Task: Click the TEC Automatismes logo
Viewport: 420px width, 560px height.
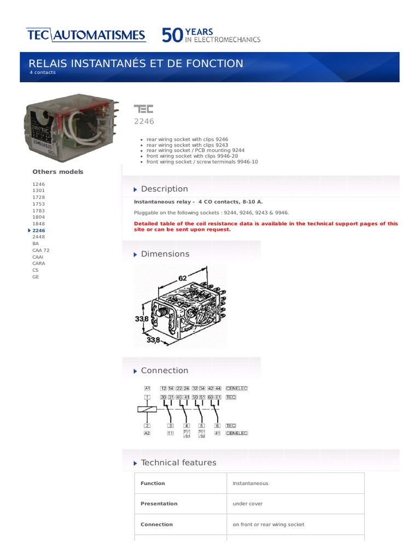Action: coord(86,36)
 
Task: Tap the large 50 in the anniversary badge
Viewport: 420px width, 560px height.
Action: coord(172,36)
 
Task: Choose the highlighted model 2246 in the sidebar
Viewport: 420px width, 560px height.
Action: coord(39,231)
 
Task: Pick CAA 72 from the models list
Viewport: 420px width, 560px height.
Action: coord(41,250)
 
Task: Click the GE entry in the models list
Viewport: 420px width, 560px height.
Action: coord(36,277)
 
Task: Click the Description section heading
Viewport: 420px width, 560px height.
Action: coord(164,189)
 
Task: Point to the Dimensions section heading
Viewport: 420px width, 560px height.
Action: coord(165,254)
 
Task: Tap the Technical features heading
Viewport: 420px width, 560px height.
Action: coord(178,463)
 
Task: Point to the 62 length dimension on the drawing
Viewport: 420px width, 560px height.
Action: coord(182,278)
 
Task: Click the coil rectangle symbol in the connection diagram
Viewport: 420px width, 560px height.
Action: coord(147,409)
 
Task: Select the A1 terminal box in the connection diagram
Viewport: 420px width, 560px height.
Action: coord(147,388)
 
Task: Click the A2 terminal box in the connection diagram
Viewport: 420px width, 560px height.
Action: coord(147,433)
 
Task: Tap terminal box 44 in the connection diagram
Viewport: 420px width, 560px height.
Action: coord(218,388)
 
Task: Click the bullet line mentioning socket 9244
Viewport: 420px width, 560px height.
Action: coord(195,149)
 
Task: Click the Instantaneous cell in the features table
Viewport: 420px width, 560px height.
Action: coord(250,483)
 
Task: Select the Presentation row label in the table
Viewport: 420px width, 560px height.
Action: coord(159,504)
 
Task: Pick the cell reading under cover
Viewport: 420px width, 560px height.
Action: coord(248,504)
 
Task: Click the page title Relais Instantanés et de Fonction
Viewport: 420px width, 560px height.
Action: coord(136,63)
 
